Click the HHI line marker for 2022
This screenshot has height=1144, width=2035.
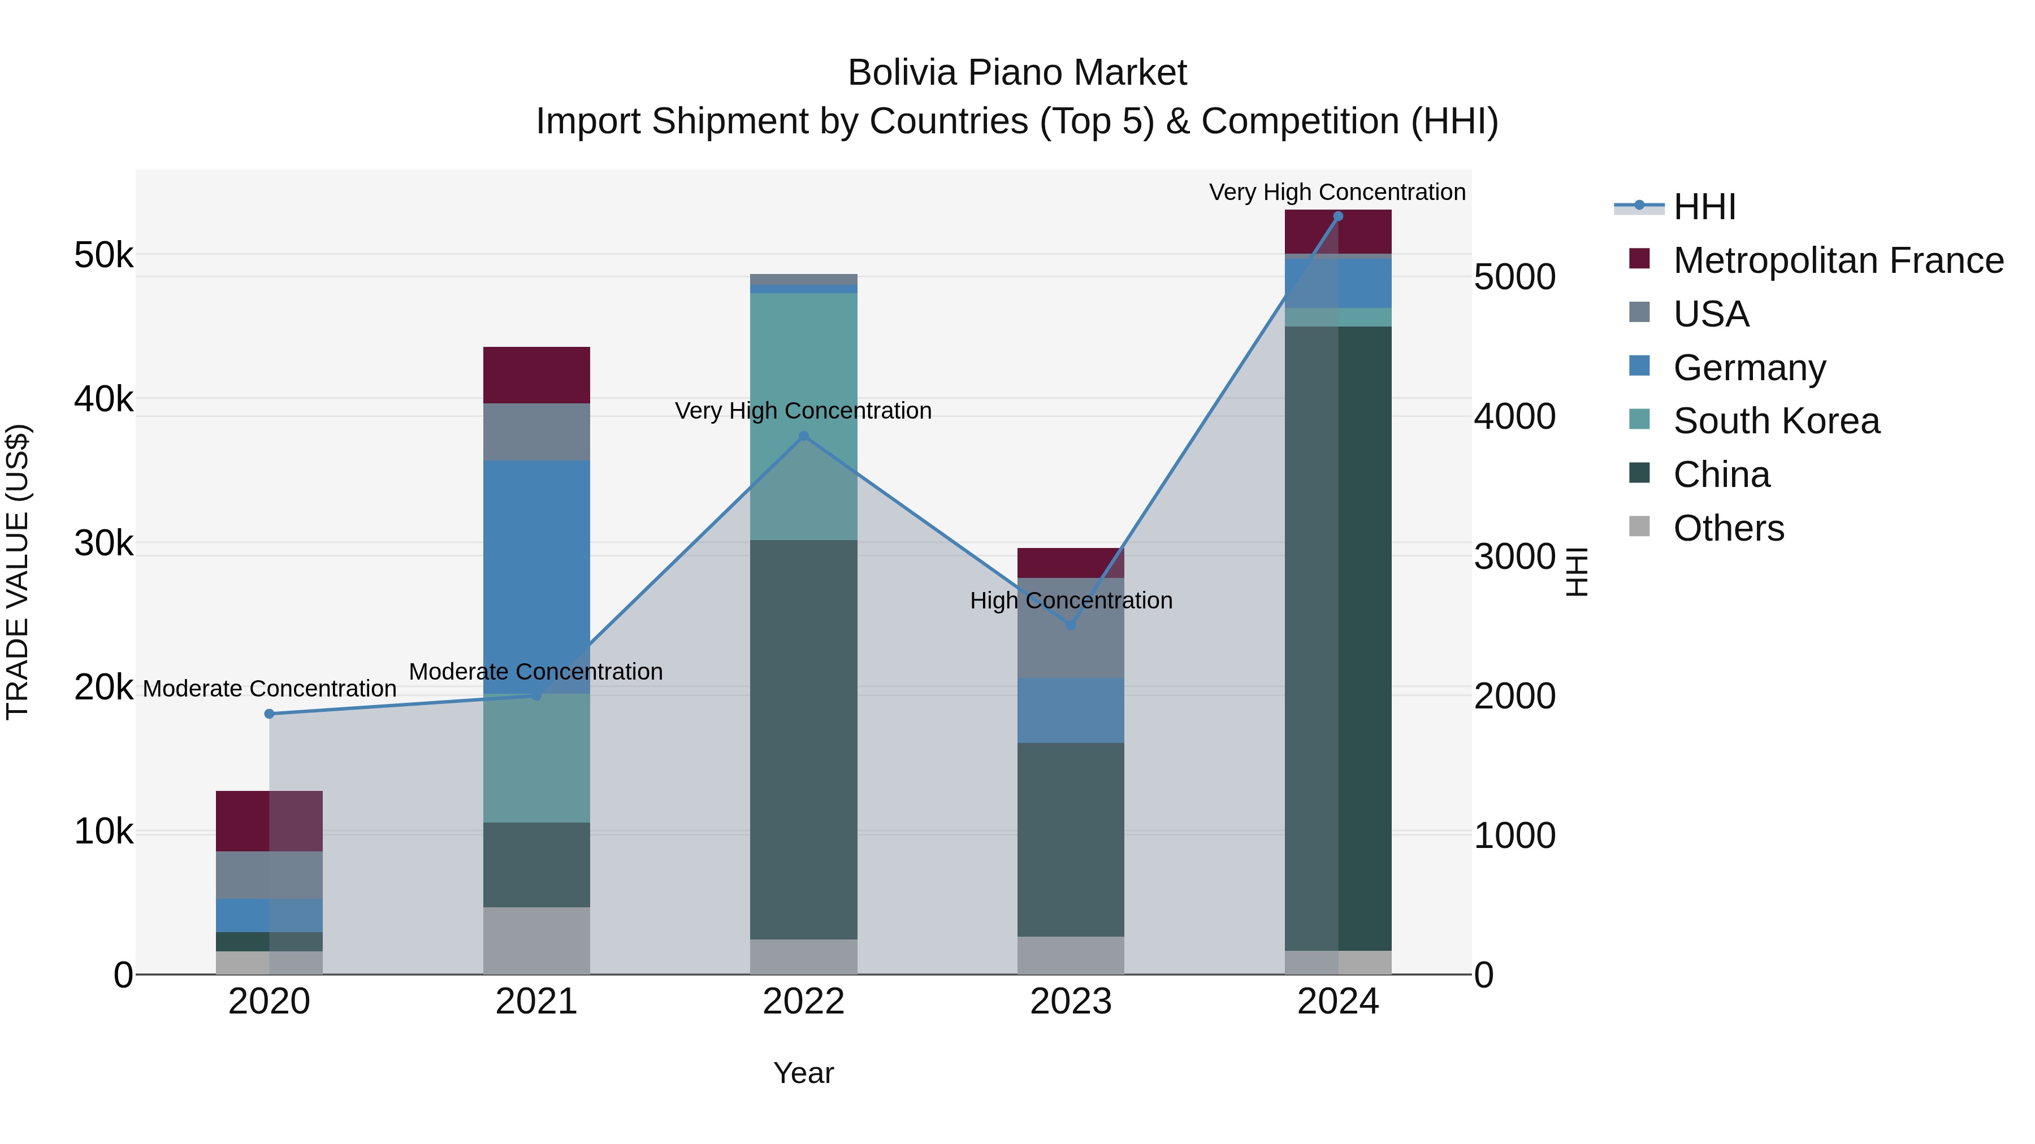pos(803,436)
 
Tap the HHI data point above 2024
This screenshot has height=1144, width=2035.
pos(1337,216)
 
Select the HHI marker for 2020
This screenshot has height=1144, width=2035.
pos(270,714)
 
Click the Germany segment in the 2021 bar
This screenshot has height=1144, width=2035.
pos(536,576)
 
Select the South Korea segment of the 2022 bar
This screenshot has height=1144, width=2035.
pos(803,416)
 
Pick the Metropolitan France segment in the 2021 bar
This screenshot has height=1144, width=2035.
pos(536,375)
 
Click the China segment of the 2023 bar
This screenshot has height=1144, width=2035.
pos(1071,839)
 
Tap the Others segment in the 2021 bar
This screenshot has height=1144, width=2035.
pos(536,940)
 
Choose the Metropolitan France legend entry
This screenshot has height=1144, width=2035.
pos(1838,260)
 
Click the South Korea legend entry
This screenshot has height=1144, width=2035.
pos(1776,421)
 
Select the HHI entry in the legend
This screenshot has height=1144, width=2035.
pos(1704,207)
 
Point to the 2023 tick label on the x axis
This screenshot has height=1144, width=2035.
pos(1071,1002)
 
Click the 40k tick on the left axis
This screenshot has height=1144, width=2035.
pos(103,399)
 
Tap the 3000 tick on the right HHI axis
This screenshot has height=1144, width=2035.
pos(1514,556)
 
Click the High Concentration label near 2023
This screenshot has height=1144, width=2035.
pos(1071,601)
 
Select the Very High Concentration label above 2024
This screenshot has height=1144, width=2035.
pos(1337,193)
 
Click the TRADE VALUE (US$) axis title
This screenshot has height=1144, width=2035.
pos(18,572)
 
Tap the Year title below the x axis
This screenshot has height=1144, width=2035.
pos(803,1073)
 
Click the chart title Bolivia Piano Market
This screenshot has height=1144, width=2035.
pos(1017,73)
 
